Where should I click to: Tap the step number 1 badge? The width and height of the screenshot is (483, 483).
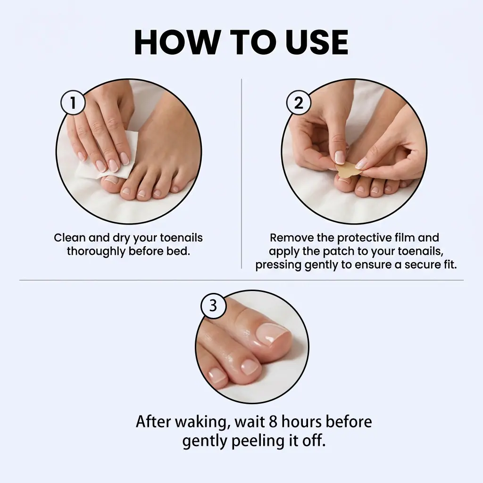[x=73, y=102]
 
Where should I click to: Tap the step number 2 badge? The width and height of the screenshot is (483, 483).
[x=299, y=102]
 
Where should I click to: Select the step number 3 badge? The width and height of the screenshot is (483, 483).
[x=213, y=306]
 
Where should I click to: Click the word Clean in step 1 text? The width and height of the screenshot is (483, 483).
[x=70, y=238]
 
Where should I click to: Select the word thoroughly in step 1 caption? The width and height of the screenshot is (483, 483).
[x=96, y=251]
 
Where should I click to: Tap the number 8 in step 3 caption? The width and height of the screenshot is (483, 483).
[x=273, y=422]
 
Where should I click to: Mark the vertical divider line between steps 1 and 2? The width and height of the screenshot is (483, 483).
[x=241, y=174]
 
